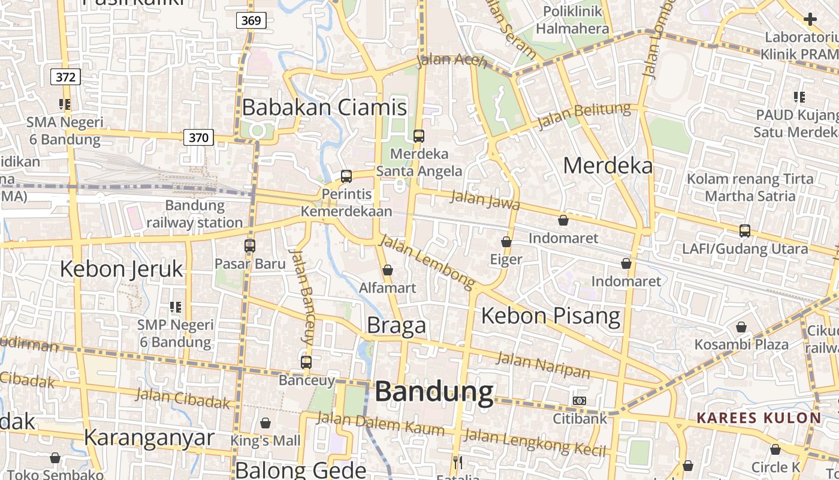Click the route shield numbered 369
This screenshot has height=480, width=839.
coord(251,20)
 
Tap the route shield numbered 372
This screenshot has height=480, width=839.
coord(65,77)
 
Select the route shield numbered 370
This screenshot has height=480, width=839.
coord(198,137)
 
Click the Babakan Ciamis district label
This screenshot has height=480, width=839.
coord(324,107)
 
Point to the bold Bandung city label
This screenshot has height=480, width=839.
coord(434,392)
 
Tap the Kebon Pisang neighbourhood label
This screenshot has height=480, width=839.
coord(551,316)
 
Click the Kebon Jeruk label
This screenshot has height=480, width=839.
coord(121,269)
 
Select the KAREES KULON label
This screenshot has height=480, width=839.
coord(759,418)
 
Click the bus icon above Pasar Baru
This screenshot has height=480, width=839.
coord(250,245)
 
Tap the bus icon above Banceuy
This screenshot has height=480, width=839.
coord(306,362)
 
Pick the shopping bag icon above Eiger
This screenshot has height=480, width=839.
coord(506,242)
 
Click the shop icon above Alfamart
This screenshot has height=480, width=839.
coord(388,270)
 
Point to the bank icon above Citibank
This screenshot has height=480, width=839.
coord(580,400)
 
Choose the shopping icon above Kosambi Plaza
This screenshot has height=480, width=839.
coord(741,327)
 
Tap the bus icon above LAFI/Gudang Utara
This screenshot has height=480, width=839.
coord(745,230)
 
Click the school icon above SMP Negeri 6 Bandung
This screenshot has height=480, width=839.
coord(176,307)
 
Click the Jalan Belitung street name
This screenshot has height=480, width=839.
coord(584,116)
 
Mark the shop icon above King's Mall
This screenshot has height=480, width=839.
coord(265,423)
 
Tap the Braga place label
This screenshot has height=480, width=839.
coord(396,325)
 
